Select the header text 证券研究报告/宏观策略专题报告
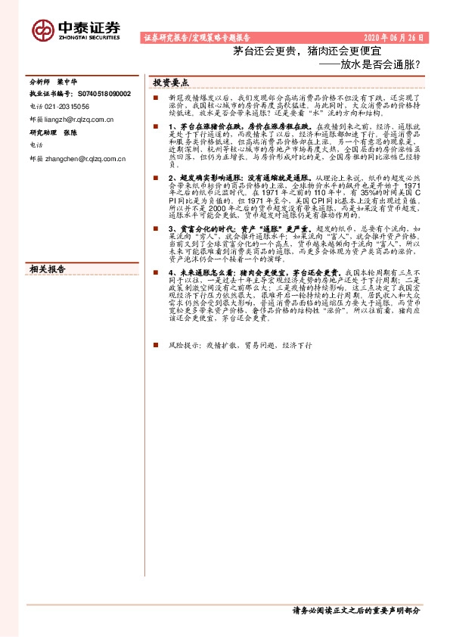point(197,37)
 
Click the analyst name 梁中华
point(74,81)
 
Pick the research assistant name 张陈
point(71,130)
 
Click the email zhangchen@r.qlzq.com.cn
point(82,159)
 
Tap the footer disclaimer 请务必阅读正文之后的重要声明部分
point(355,610)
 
